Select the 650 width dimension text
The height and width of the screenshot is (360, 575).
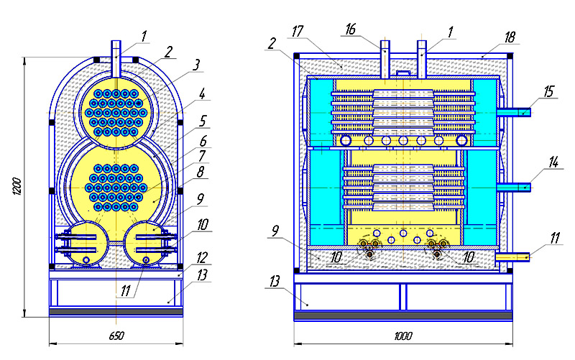(x=116, y=336)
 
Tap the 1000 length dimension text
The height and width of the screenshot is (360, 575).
(x=403, y=336)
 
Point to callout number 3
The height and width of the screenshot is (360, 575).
(x=196, y=65)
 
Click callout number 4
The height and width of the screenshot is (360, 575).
(x=203, y=94)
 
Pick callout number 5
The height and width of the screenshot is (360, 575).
(x=203, y=121)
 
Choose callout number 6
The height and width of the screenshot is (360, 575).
(x=203, y=141)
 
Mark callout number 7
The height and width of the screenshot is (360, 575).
(x=202, y=157)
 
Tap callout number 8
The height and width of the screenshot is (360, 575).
(x=201, y=172)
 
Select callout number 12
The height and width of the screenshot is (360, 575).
(x=202, y=258)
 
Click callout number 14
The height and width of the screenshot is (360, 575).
(x=553, y=162)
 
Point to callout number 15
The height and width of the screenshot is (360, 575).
(x=548, y=92)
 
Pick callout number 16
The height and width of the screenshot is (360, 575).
(x=351, y=29)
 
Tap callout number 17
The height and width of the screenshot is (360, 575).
(x=298, y=32)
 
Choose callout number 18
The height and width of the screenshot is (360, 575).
(x=510, y=37)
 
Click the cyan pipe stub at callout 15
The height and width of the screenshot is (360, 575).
(x=514, y=112)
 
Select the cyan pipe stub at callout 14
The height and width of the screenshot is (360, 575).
(x=514, y=188)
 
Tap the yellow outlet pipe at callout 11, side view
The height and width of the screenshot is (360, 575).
(x=512, y=257)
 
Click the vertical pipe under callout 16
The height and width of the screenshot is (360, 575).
(x=385, y=60)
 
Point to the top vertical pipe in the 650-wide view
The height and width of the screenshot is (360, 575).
(x=116, y=59)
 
